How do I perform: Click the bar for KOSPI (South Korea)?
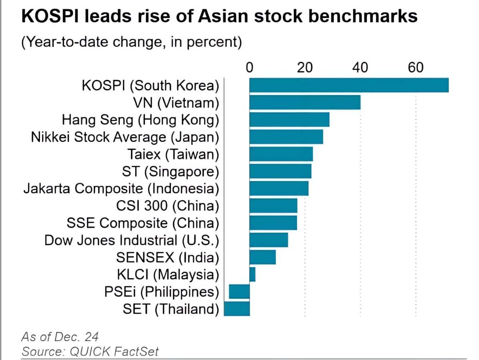(x=349, y=85)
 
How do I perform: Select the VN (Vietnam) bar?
(x=305, y=102)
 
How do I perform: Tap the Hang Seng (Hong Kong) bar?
(x=289, y=119)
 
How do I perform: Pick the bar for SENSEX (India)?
(x=263, y=257)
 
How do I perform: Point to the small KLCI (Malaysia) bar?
(x=252, y=274)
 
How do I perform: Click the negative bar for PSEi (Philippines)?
(x=239, y=292)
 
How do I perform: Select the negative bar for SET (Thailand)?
(x=237, y=309)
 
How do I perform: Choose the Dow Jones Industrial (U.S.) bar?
(x=269, y=240)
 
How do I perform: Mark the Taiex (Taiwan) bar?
(x=281, y=154)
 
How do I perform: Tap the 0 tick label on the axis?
(x=249, y=67)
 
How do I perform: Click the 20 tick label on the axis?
(x=305, y=67)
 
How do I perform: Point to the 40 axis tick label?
(x=360, y=67)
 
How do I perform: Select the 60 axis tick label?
(x=416, y=67)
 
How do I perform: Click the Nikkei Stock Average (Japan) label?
(x=125, y=137)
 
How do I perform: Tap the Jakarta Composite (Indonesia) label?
(x=121, y=189)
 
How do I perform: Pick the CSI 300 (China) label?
(x=168, y=206)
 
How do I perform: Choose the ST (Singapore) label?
(x=171, y=171)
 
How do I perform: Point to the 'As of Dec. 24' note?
(x=60, y=336)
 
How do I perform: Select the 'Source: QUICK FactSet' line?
(x=90, y=351)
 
